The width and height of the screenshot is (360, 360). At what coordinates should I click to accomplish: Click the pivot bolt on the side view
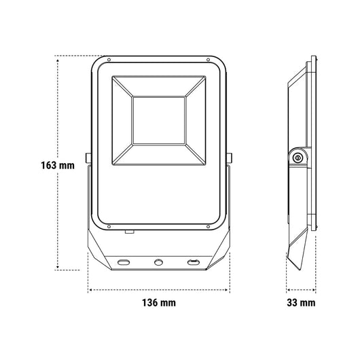pos(298,157)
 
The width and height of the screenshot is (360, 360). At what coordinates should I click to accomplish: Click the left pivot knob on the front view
pos(88,158)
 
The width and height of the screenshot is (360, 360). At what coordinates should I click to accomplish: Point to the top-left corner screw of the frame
pos(105,62)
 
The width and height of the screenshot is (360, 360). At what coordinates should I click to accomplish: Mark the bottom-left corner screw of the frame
pos(106,224)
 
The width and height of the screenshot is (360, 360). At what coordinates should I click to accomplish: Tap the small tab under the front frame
pos(127,232)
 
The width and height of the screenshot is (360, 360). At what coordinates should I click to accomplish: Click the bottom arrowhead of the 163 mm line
pos(58,269)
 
